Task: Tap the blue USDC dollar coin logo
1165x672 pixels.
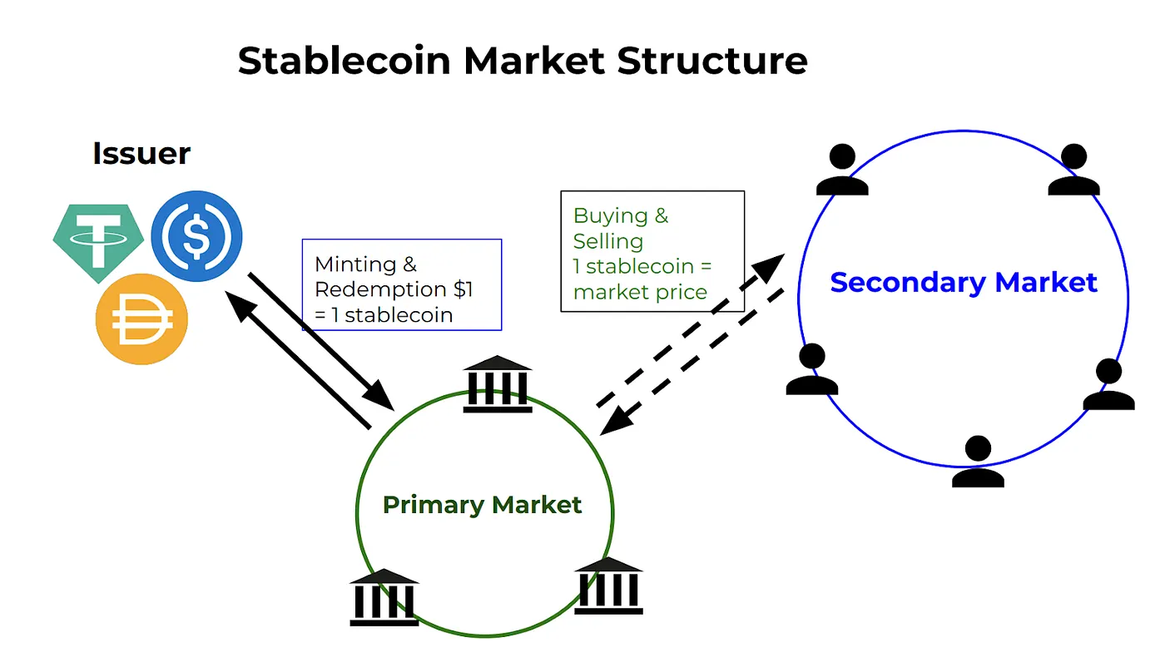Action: click(196, 236)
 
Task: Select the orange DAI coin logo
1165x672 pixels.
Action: click(141, 319)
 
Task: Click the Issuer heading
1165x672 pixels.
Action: click(141, 154)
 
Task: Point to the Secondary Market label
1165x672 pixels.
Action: click(964, 282)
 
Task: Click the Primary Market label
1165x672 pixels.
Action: click(482, 505)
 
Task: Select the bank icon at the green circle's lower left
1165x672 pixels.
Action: click(384, 596)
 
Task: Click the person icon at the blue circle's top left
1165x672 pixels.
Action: click(842, 170)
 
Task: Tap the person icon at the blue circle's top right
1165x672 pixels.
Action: click(1073, 170)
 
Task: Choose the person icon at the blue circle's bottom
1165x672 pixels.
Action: click(978, 462)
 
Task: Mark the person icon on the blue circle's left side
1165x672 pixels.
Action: click(811, 369)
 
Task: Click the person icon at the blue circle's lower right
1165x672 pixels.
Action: click(1108, 384)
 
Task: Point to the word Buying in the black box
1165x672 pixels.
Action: click(611, 216)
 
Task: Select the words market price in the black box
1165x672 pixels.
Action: click(640, 292)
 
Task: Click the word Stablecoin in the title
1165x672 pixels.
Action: click(344, 61)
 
